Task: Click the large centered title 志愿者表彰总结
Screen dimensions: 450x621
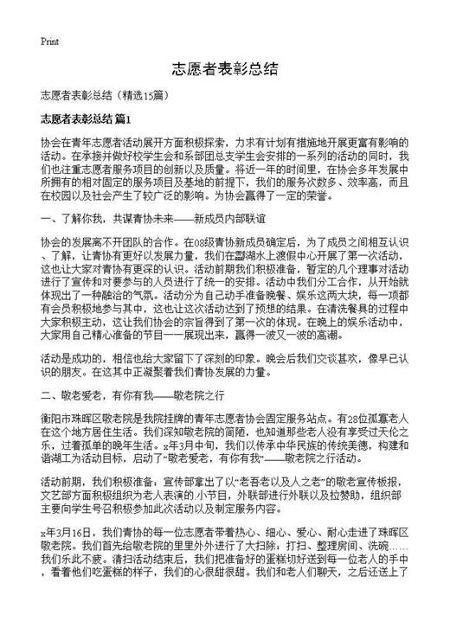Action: click(224, 70)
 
